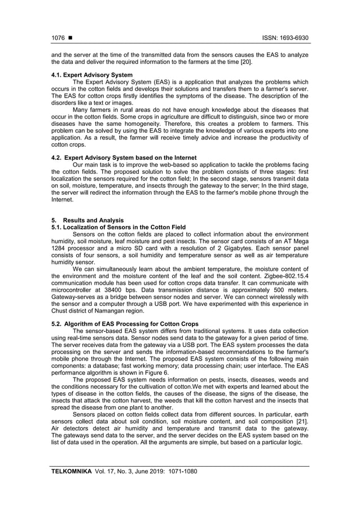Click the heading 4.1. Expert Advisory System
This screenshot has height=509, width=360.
tap(92, 74)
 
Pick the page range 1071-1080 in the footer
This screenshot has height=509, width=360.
tap(179, 470)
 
